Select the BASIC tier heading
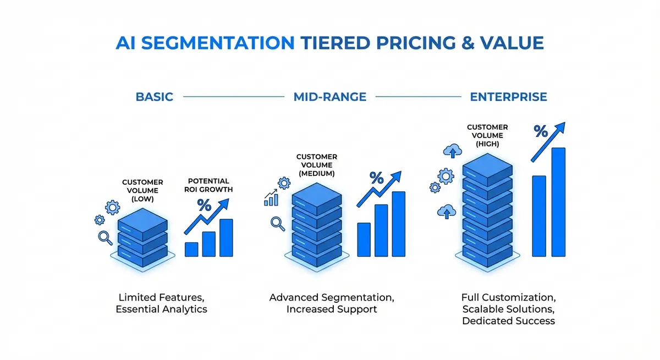point(154,97)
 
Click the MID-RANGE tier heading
point(329,97)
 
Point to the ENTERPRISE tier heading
point(508,97)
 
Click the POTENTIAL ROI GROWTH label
point(208,185)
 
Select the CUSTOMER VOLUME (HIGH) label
point(487,135)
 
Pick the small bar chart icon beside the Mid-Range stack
point(271,198)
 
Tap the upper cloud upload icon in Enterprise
point(452,150)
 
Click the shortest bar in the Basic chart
point(191,249)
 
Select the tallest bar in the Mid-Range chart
point(398,224)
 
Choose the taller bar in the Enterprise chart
point(558,202)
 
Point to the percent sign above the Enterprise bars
point(540,132)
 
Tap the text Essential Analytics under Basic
point(161,309)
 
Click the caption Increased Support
point(332,309)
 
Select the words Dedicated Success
point(508,321)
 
